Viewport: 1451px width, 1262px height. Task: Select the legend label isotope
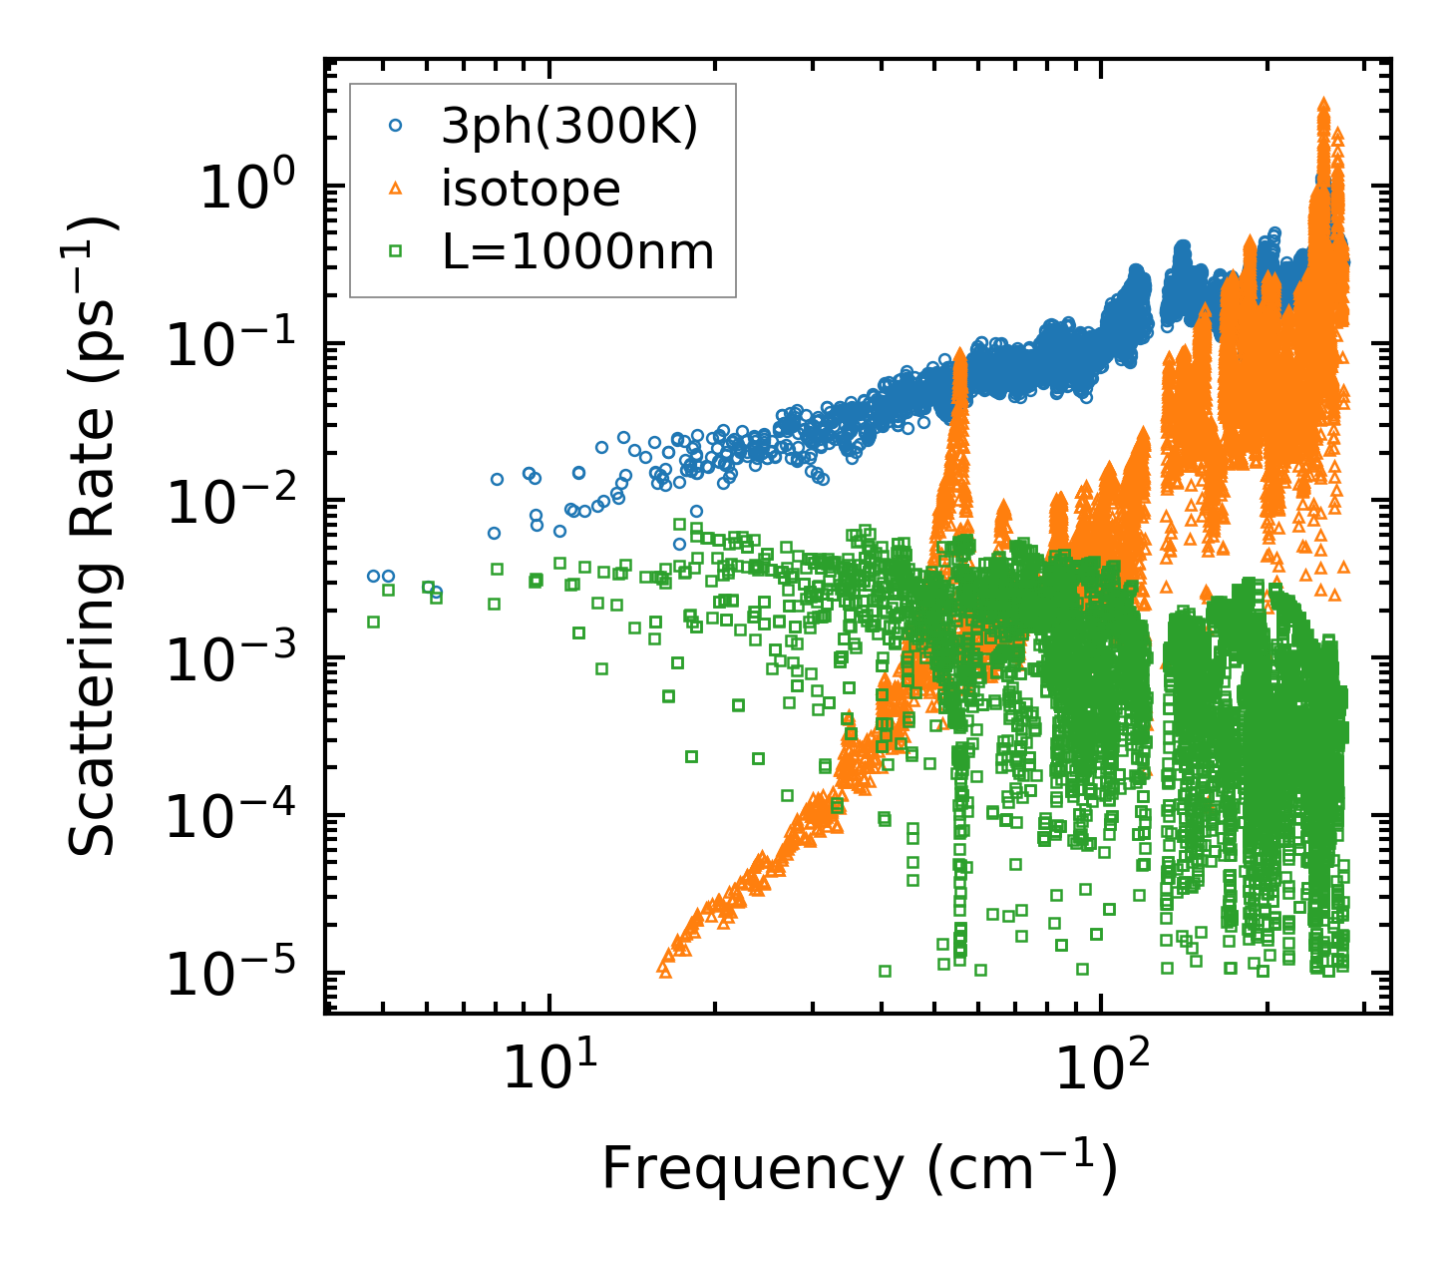[531, 189]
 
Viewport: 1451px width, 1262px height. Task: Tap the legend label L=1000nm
[577, 252]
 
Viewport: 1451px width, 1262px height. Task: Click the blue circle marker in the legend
[395, 126]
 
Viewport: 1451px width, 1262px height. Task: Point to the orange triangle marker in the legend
[395, 189]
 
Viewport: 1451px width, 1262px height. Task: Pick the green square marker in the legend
[395, 252]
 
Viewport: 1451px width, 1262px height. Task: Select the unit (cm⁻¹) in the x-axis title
[1022, 1167]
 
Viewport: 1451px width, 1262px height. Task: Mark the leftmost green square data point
[373, 622]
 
